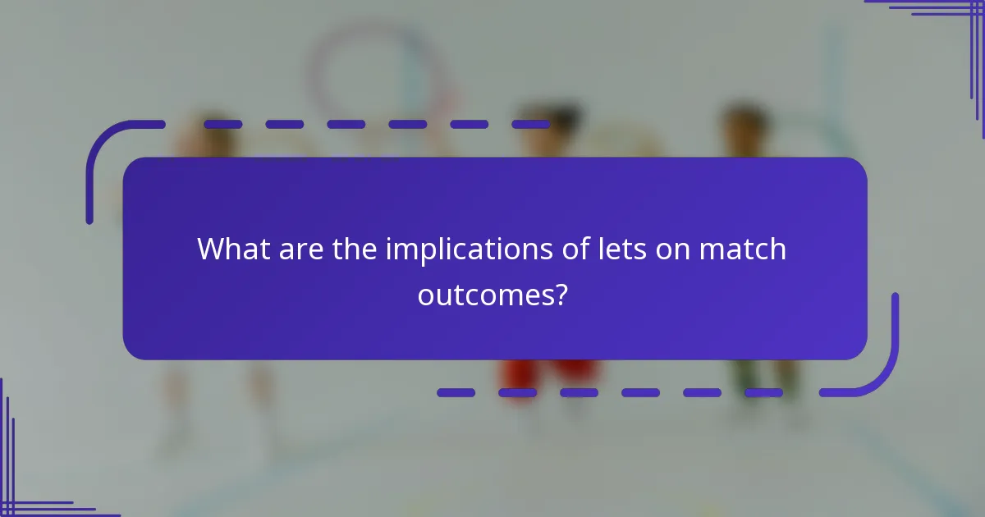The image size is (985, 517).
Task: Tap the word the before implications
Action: [356, 249]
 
